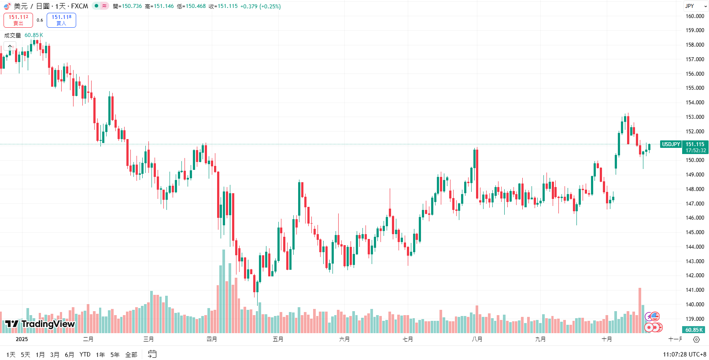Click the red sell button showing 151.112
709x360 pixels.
tap(18, 20)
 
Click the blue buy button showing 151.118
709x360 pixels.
tap(61, 20)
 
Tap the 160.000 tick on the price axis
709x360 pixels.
tap(694, 16)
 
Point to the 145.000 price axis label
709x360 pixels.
tap(694, 232)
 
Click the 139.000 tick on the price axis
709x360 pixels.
tap(694, 319)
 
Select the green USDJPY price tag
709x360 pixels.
tap(671, 144)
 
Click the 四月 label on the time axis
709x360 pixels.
tap(212, 339)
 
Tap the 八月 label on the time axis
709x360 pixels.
tap(477, 339)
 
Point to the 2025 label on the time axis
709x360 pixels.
tap(22, 339)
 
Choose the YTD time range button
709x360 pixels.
tap(85, 355)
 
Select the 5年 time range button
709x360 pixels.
tap(115, 355)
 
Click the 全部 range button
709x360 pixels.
tap(131, 355)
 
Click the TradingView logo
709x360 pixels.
tap(40, 324)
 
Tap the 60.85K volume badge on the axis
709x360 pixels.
tap(694, 330)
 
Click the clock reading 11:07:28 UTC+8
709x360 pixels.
tap(684, 355)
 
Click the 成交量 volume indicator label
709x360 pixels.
tap(13, 35)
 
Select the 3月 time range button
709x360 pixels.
tap(55, 355)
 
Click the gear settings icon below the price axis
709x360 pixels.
tap(696, 339)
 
